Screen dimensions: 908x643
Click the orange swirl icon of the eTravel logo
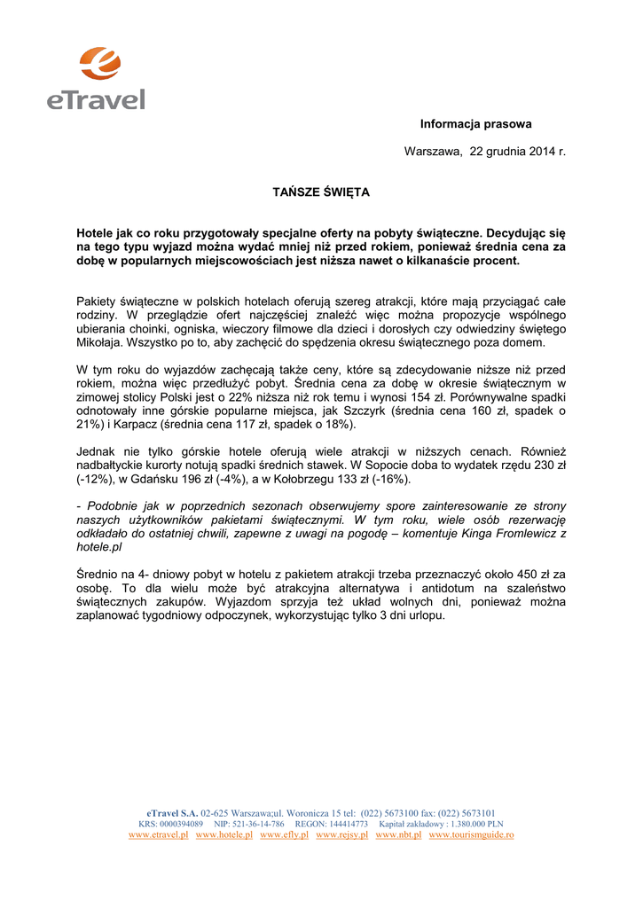coord(99,64)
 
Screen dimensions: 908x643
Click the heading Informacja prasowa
coord(475,124)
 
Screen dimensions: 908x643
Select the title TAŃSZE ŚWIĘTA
coord(320,192)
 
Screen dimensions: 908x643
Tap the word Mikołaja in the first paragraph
coord(100,342)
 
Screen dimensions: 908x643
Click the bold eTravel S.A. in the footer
coord(173,812)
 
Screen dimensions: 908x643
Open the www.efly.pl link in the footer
coord(284,835)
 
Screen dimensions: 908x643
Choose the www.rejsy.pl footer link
coord(341,835)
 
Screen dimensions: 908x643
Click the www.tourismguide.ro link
coord(471,835)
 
